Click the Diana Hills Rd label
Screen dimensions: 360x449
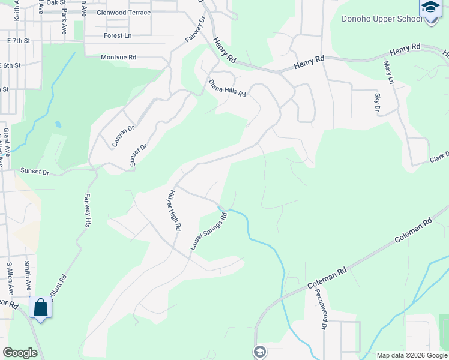click(x=227, y=88)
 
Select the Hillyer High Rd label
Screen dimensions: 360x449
click(x=173, y=210)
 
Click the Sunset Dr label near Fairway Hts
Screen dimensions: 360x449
click(x=35, y=172)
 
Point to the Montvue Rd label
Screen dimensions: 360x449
click(x=119, y=57)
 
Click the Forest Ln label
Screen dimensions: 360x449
click(x=117, y=35)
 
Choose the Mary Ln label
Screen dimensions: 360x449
click(x=388, y=74)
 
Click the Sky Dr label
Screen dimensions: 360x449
click(x=377, y=103)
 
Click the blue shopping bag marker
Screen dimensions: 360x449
click(x=41, y=308)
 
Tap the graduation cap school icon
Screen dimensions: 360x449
click(x=430, y=8)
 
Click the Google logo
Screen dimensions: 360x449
click(x=20, y=353)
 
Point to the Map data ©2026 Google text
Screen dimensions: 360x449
click(x=411, y=355)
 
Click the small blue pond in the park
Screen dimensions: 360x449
click(x=58, y=125)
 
